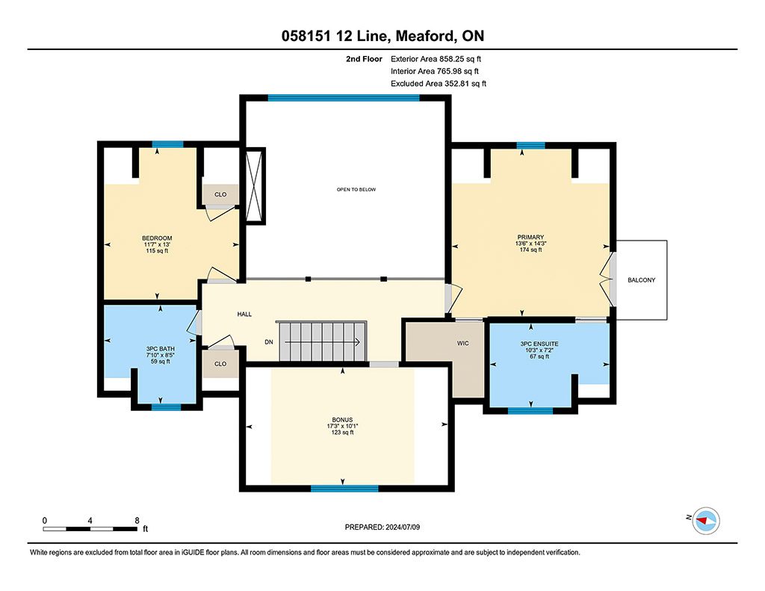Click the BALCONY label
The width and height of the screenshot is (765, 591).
click(641, 280)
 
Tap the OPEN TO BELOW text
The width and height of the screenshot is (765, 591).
click(356, 189)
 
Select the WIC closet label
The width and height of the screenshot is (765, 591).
click(463, 343)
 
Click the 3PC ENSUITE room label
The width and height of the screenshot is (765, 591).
click(539, 344)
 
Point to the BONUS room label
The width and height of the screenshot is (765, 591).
click(342, 420)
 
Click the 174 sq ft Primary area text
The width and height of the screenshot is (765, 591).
click(531, 250)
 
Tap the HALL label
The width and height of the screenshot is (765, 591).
click(244, 315)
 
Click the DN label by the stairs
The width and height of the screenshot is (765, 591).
click(269, 342)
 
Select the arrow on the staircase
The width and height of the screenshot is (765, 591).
click(322, 342)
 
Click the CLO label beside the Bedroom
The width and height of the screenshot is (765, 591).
click(220, 194)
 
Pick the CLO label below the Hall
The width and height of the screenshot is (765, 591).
click(220, 364)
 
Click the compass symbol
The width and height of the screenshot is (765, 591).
click(706, 521)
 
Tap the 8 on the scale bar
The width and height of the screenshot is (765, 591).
click(137, 520)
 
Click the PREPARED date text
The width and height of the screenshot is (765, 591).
click(382, 527)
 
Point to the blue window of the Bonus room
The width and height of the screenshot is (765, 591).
click(344, 488)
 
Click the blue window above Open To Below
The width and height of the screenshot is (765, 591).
click(344, 98)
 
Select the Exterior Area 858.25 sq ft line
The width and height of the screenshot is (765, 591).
click(436, 59)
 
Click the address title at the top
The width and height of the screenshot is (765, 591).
click(382, 36)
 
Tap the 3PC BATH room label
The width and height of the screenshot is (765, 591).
click(161, 349)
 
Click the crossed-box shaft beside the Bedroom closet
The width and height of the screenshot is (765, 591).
click(254, 186)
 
